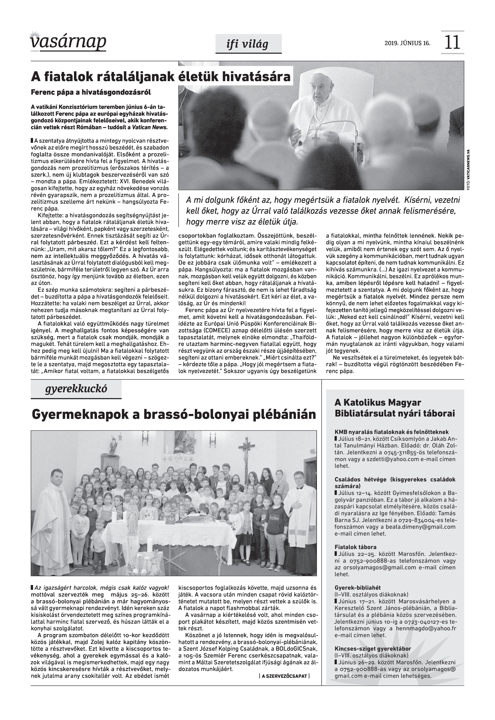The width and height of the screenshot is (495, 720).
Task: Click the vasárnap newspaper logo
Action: [x=68, y=42]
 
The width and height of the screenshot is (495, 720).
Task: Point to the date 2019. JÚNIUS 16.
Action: [x=407, y=43]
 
